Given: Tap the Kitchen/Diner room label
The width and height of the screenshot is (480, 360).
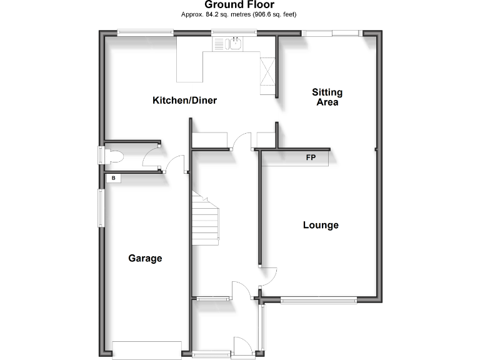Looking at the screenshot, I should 185,100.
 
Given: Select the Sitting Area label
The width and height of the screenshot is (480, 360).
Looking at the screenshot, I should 327,97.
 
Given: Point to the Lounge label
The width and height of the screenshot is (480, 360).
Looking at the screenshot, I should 321,225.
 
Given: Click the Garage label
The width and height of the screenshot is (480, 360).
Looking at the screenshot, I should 145,258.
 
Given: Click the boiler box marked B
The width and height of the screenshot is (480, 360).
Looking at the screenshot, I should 114,179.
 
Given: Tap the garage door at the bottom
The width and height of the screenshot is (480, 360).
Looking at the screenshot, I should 146,349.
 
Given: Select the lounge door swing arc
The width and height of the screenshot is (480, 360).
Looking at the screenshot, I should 269,275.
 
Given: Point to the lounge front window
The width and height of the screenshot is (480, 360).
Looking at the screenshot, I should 319,301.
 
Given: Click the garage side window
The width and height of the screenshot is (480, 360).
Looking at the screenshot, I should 100,206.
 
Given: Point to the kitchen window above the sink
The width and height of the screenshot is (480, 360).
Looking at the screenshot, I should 229,32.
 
